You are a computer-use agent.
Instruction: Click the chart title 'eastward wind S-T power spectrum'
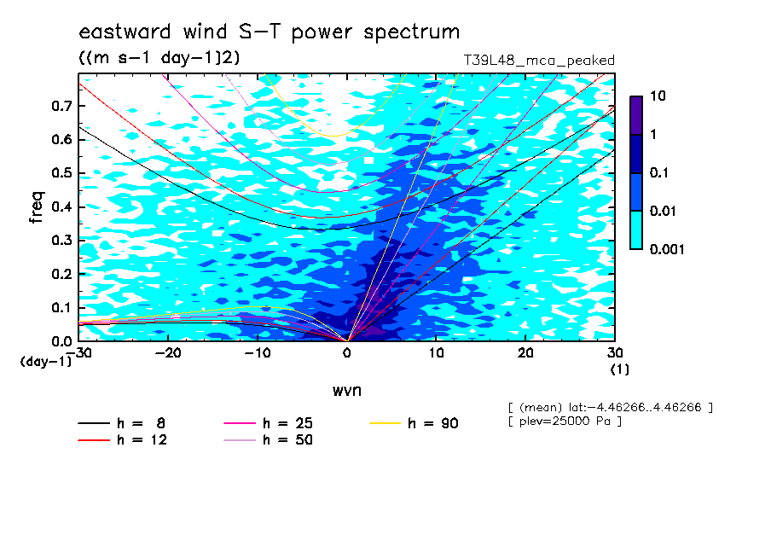[x=270, y=32]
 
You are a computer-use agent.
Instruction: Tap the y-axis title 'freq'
[x=37, y=207]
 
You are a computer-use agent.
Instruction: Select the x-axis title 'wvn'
[x=347, y=391]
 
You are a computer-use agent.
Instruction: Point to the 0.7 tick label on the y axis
[x=61, y=106]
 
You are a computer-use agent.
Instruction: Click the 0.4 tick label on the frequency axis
[x=61, y=206]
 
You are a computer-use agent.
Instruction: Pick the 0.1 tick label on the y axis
[x=61, y=307]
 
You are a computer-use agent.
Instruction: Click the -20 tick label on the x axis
[x=168, y=353]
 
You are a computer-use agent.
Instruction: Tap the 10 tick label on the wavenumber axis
[x=436, y=353]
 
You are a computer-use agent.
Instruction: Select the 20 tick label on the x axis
[x=525, y=353]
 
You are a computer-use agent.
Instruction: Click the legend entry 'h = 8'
[x=122, y=423]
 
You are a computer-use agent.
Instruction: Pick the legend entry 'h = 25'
[x=268, y=423]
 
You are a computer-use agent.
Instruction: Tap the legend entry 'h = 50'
[x=268, y=439]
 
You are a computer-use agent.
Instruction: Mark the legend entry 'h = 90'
[x=414, y=423]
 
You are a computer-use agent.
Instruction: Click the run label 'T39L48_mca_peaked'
[x=539, y=61]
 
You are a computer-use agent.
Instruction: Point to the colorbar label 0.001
[x=667, y=249]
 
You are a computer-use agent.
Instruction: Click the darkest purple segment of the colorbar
[x=636, y=115]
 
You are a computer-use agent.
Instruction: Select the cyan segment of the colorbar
[x=636, y=230]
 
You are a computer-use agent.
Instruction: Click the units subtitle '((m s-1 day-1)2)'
[x=159, y=58]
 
